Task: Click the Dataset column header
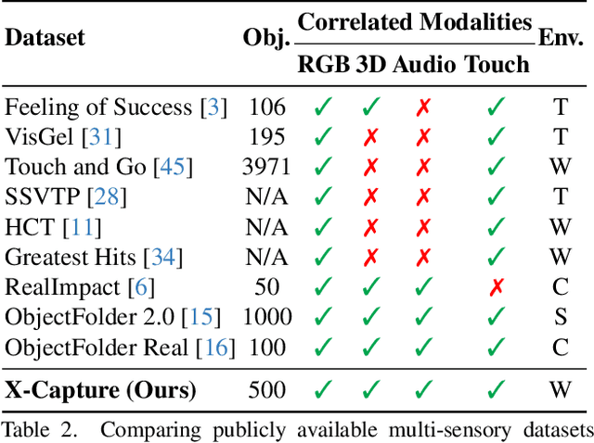[45, 38]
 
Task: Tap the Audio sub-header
[424, 64]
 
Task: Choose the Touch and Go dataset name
[75, 167]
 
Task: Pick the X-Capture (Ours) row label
[100, 389]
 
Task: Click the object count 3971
[265, 167]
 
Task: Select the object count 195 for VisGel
[265, 137]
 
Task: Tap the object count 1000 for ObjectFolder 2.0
[265, 318]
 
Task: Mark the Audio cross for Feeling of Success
[424, 107]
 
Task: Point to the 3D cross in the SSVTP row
[370, 197]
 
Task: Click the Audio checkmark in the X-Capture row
[424, 389]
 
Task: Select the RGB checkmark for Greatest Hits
[323, 258]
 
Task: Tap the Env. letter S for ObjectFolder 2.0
[560, 318]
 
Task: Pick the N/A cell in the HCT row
[265, 227]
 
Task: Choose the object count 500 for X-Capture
[265, 389]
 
